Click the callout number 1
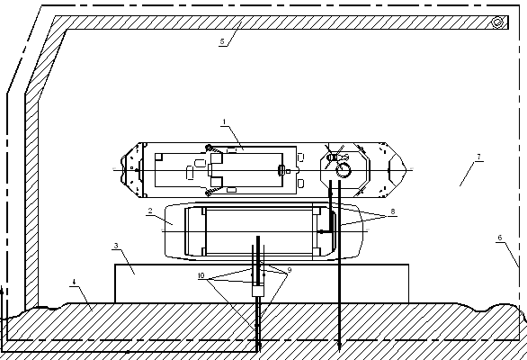[225, 121]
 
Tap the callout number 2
[150, 211]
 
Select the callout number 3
[116, 246]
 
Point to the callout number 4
[74, 282]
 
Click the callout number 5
[222, 41]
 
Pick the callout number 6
[500, 238]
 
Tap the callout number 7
[479, 157]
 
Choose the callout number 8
[393, 211]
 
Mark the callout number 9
[290, 270]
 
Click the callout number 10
[201, 275]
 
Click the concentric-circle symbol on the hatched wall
[497, 22]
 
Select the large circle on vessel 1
[344, 170]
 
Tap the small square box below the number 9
[258, 291]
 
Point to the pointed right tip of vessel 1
[406, 169]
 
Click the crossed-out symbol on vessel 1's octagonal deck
[334, 157]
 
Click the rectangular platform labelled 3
[262, 283]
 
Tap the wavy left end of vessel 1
[123, 170]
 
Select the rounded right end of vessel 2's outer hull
[362, 230]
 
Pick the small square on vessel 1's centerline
[288, 171]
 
